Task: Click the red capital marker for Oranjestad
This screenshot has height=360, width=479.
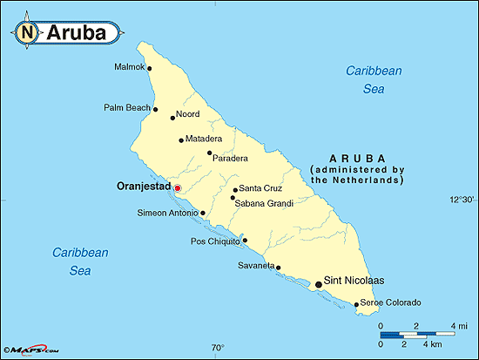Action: [x=177, y=187]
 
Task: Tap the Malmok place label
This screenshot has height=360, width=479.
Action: [x=130, y=67]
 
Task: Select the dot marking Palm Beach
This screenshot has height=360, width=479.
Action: [x=156, y=109]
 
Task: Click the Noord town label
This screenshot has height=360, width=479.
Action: [x=188, y=114]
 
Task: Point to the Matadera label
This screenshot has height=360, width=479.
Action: [x=204, y=139]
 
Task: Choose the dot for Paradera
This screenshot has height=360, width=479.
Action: [x=209, y=153]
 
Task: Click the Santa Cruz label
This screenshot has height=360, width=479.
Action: [x=260, y=188]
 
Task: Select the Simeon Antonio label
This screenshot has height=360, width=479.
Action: [x=167, y=213]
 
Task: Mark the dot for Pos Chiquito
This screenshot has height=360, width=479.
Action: [x=245, y=241]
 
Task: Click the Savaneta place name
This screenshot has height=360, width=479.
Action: [x=255, y=266]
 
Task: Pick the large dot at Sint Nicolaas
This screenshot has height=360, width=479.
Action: [x=318, y=283]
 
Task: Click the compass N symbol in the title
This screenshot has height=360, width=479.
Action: [x=27, y=33]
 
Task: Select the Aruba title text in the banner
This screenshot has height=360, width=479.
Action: [x=75, y=33]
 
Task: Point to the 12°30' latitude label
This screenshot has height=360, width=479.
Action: [x=462, y=200]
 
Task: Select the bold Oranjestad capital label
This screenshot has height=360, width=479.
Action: [x=143, y=186]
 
